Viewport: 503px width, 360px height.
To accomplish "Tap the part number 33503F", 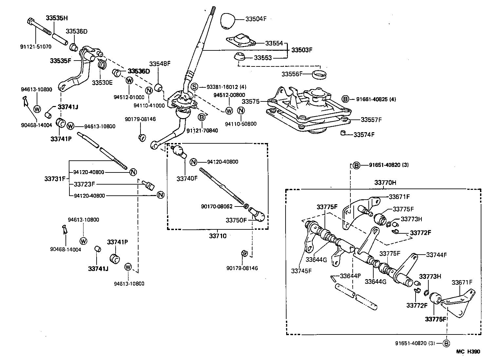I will (x=302, y=50).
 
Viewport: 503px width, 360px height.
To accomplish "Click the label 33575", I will (x=251, y=102).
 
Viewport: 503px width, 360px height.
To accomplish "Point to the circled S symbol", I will (x=194, y=87).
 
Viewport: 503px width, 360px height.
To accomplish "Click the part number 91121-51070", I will (x=36, y=46).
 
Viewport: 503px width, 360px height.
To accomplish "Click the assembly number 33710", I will (x=217, y=236).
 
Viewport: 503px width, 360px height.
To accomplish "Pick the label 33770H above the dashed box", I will (x=385, y=183).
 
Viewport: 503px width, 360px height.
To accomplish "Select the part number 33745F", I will (x=301, y=271).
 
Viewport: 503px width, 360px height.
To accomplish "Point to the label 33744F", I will (x=436, y=255).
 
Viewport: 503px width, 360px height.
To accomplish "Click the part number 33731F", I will (x=55, y=179).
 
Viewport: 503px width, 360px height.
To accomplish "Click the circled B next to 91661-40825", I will (x=345, y=99).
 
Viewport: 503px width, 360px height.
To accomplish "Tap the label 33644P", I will (x=350, y=276).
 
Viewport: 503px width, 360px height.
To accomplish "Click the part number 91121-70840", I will (x=202, y=131).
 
